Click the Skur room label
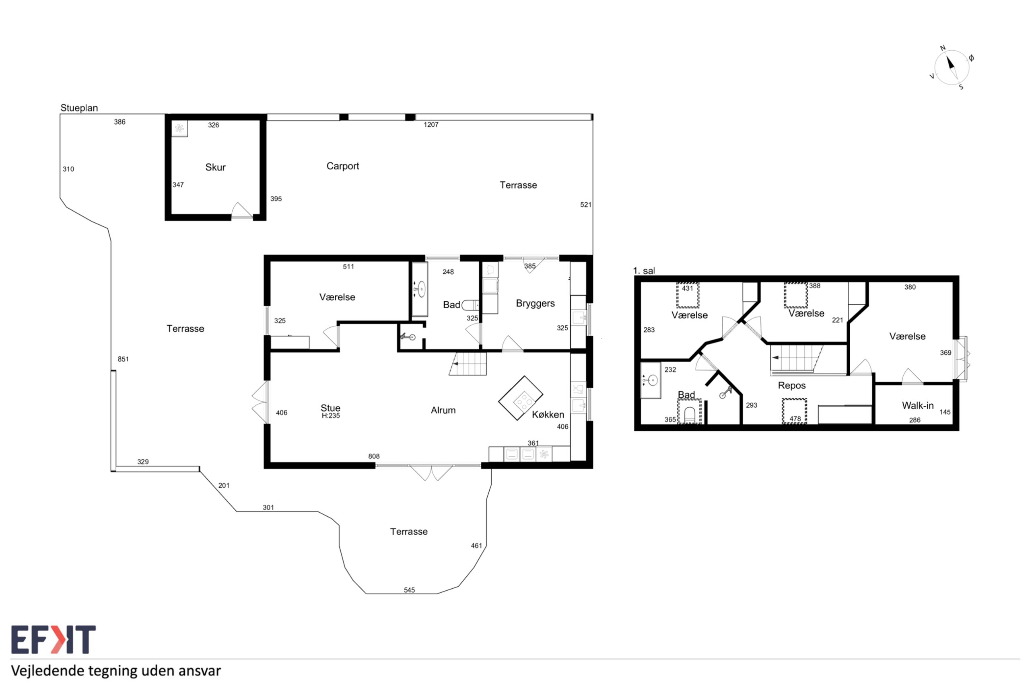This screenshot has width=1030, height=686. tap(215, 167)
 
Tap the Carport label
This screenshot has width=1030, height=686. tap(343, 166)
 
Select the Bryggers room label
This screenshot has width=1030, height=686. tap(536, 304)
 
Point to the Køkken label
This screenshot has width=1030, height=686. tap(548, 414)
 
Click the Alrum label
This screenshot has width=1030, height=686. tap(443, 410)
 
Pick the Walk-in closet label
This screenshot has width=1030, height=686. tap(918, 406)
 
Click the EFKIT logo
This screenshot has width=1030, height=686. tap(54, 639)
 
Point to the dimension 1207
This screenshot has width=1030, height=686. tap(431, 125)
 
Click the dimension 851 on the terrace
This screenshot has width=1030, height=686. tap(123, 359)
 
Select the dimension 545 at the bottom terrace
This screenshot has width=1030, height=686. tap(409, 590)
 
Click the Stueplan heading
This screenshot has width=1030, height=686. tap(79, 108)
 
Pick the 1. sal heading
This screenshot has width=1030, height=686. tap(644, 271)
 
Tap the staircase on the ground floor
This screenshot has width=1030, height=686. tap(468, 364)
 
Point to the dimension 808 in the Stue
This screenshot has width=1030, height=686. tap(374, 456)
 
